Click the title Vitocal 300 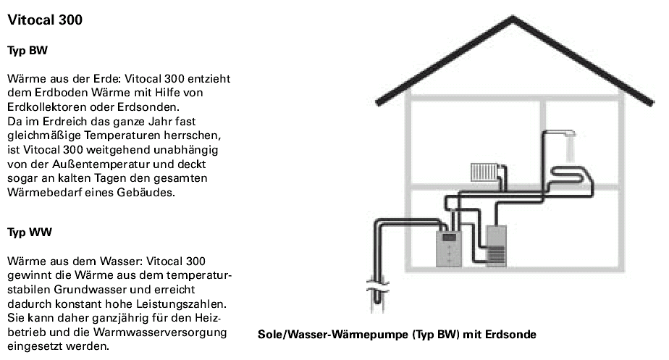point(45,20)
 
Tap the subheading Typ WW point(29,233)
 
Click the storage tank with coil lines point(496,247)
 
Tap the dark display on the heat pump point(449,237)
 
